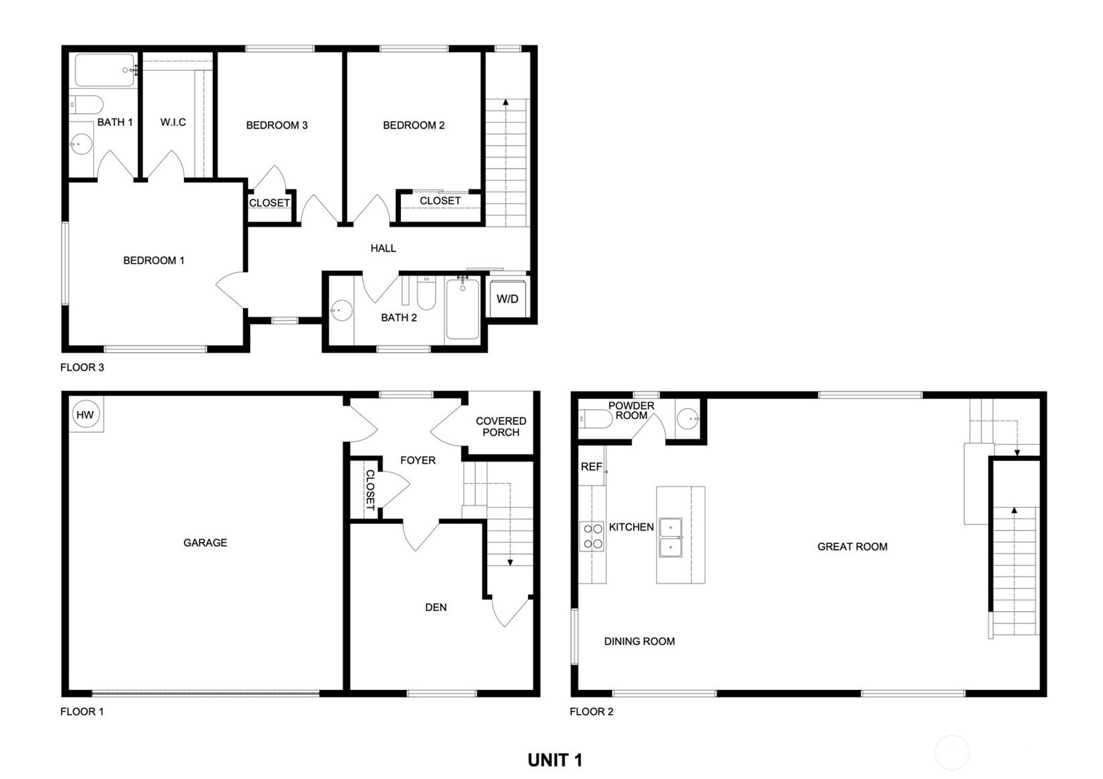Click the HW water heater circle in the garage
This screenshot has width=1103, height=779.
click(85, 414)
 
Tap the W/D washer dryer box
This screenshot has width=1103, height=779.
click(507, 299)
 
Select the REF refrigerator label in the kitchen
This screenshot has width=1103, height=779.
click(591, 467)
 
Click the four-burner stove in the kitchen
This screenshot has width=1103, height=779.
click(592, 536)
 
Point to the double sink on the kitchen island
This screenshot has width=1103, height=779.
click(671, 537)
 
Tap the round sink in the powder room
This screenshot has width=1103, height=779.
click(688, 419)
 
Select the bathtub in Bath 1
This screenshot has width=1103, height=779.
click(104, 70)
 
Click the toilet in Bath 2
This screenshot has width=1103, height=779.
click(426, 293)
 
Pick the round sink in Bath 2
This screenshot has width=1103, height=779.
click(341, 311)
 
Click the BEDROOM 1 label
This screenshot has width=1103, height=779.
click(154, 260)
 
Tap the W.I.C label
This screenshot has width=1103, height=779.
click(173, 122)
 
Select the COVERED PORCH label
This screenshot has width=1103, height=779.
click(501, 426)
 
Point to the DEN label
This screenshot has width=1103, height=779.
click(436, 607)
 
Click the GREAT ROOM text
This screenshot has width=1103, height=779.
click(853, 547)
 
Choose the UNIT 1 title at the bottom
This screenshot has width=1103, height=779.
click(555, 760)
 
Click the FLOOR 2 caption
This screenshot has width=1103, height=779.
click(592, 711)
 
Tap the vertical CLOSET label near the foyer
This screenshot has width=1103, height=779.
click(370, 489)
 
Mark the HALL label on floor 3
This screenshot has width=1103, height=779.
click(383, 248)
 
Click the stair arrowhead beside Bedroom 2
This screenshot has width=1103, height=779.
click(506, 102)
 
